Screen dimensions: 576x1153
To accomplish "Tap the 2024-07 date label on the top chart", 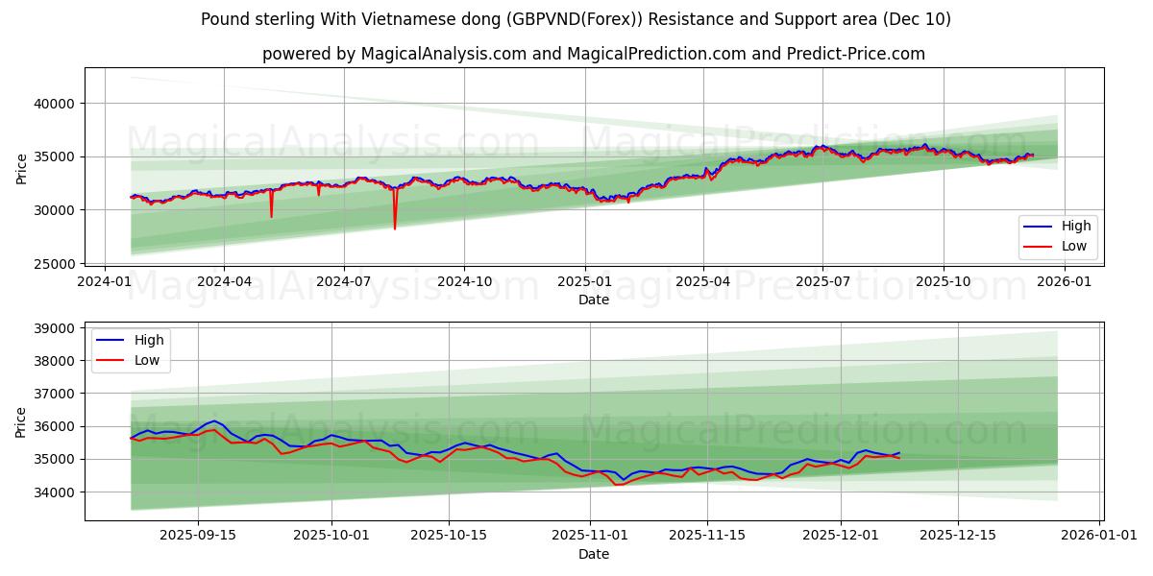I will pyautogui.click(x=344, y=281).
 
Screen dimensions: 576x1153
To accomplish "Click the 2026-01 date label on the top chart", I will pyautogui.click(x=1064, y=281).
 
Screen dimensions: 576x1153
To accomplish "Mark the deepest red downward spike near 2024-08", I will pyautogui.click(x=395, y=228).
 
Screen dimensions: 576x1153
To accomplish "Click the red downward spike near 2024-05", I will pyautogui.click(x=271, y=216).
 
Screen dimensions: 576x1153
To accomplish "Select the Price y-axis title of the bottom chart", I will pyautogui.click(x=21, y=420).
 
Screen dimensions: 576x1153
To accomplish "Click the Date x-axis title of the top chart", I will pyautogui.click(x=593, y=300).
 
